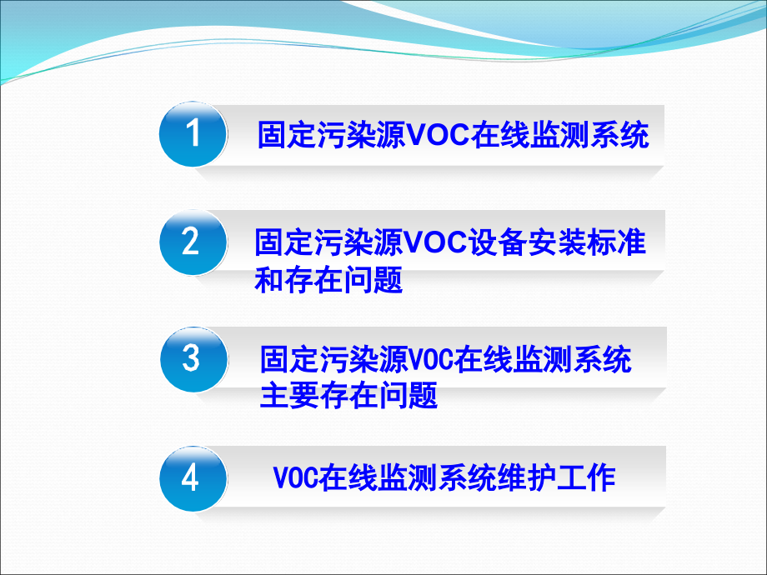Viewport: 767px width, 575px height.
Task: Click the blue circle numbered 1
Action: (193, 134)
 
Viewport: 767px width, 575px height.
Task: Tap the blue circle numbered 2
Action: (193, 242)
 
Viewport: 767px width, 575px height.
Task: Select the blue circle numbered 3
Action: (193, 359)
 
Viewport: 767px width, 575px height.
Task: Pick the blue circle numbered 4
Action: (193, 479)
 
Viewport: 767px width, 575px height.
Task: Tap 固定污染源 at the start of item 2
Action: (328, 242)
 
